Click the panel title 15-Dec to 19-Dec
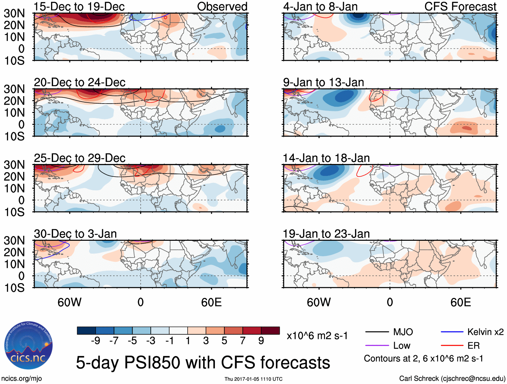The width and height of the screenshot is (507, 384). [x=79, y=6]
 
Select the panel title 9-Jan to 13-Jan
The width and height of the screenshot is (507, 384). [x=323, y=82]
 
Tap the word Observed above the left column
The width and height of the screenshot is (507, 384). [x=222, y=6]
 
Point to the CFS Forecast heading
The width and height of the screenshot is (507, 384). [x=460, y=6]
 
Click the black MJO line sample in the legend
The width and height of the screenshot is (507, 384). [x=377, y=332]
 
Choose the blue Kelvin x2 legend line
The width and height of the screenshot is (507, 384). [x=452, y=332]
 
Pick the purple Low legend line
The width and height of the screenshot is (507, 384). [x=377, y=346]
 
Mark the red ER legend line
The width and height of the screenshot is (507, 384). [x=452, y=346]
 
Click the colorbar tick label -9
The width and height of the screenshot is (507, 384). [x=96, y=341]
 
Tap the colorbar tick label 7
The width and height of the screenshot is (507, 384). [x=243, y=341]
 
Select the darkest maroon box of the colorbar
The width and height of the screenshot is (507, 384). [x=270, y=331]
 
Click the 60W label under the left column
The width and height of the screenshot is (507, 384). [x=70, y=302]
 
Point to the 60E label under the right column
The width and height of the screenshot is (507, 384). [x=460, y=302]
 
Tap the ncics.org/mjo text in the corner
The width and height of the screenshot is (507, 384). [x=21, y=379]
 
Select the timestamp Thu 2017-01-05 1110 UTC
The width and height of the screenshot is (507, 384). [x=253, y=379]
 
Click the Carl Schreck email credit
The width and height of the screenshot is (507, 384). [x=452, y=379]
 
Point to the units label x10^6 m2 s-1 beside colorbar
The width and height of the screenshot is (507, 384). [x=317, y=336]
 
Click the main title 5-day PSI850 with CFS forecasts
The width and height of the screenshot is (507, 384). [x=203, y=362]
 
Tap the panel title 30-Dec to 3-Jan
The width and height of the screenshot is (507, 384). [x=75, y=234]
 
